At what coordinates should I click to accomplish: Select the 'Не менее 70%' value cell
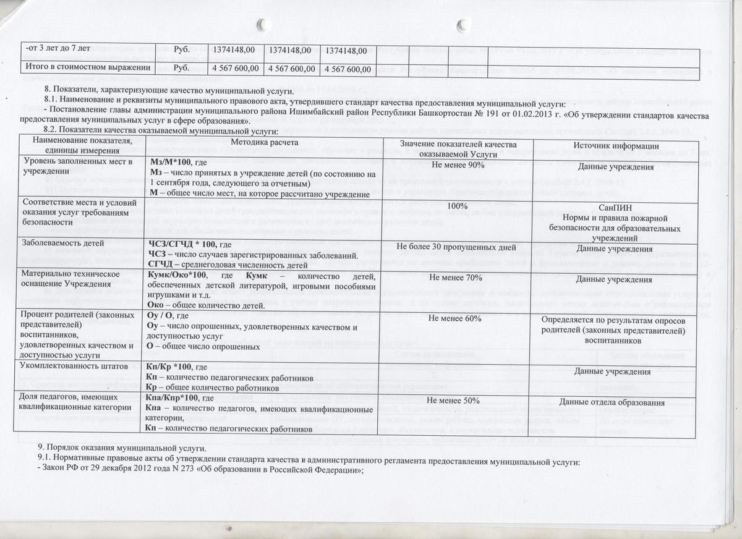point(457,278)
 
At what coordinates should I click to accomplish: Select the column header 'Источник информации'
point(614,146)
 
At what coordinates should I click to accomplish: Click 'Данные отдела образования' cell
point(613,404)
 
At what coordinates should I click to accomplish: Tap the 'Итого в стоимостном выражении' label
point(87,66)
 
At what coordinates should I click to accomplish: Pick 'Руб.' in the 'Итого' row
point(181,67)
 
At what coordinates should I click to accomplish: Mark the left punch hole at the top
point(263,24)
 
